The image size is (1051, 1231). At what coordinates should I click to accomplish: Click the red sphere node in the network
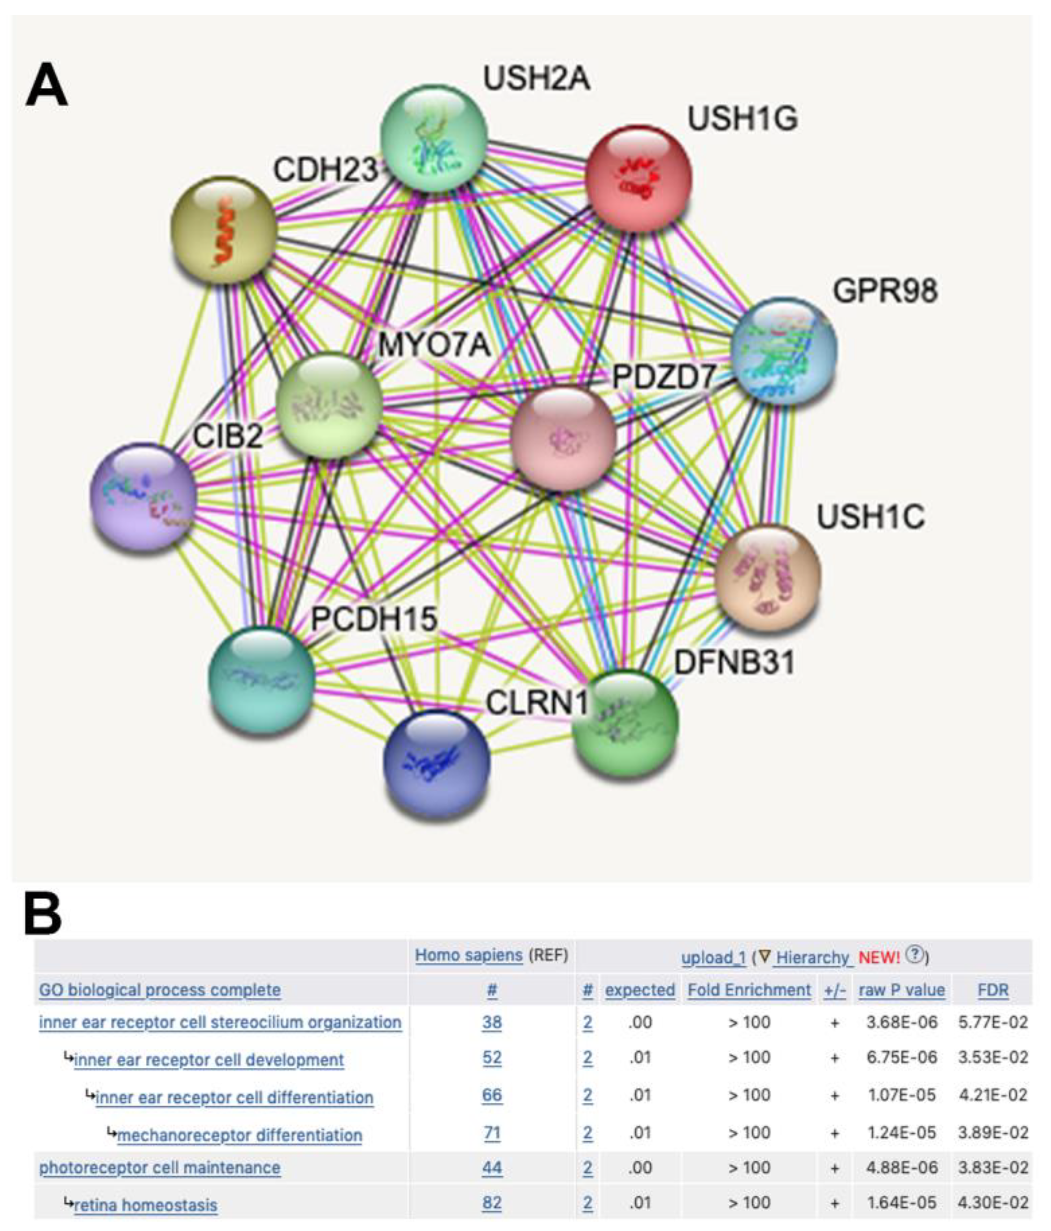638,178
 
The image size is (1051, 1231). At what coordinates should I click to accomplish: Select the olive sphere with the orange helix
224,230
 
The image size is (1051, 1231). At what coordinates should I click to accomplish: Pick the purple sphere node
143,496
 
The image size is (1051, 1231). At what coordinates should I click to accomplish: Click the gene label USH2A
537,78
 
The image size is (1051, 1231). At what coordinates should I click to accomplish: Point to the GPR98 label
885,291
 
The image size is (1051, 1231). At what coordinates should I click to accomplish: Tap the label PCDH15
374,618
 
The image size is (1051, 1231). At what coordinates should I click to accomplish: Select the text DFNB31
734,662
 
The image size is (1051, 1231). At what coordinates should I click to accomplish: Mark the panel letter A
46,86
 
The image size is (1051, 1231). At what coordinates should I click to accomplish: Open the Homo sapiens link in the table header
469,955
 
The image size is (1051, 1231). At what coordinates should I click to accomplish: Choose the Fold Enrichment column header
749,990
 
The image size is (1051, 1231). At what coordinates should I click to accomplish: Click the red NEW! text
879,957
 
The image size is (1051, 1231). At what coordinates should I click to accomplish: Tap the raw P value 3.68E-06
901,1022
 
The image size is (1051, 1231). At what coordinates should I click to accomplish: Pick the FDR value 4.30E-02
993,1202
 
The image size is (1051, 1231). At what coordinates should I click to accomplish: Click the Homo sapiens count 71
492,1133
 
